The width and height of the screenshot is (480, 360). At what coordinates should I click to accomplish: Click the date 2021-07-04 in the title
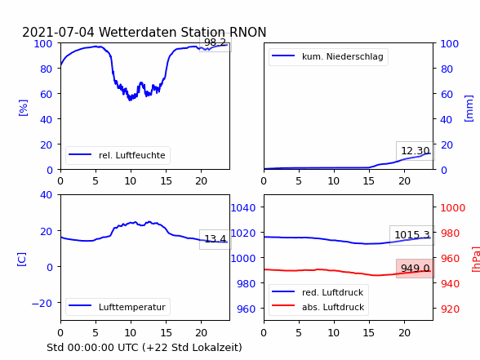[58, 32]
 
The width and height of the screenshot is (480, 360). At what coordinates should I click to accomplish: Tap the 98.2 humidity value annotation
[216, 42]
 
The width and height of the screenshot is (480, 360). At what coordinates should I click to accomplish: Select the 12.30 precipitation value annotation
[415, 150]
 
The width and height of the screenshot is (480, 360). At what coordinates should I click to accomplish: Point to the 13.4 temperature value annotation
[216, 238]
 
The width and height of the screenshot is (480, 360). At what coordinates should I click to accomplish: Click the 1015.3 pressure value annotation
[412, 235]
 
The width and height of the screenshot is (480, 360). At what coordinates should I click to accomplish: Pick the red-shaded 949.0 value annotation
[416, 269]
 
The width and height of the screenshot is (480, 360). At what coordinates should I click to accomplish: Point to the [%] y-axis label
[23, 108]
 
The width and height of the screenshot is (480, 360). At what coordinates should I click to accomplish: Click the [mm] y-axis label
[469, 109]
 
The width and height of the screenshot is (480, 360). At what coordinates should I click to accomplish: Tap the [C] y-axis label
[21, 260]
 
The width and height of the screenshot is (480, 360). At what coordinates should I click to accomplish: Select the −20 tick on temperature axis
[42, 303]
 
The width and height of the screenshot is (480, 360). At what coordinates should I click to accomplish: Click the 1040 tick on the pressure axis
[243, 208]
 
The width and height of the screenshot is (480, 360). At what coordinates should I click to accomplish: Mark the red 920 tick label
[450, 309]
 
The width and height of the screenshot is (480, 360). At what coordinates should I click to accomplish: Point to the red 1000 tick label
[453, 208]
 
